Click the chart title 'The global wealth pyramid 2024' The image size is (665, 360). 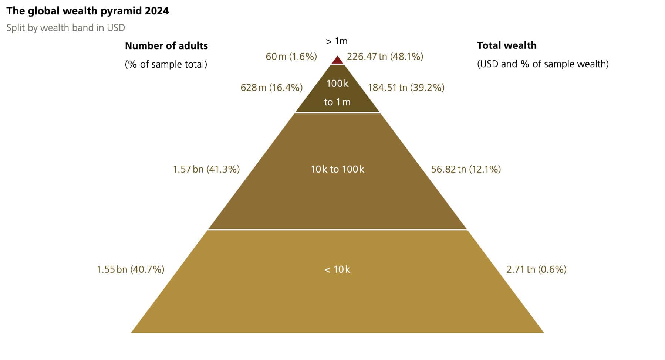[88, 11]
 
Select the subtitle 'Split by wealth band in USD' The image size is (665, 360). [65, 28]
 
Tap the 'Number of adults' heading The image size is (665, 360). [166, 46]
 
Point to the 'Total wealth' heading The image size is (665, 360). [507, 45]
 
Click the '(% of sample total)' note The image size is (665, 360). [166, 64]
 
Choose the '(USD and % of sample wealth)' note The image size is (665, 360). [543, 64]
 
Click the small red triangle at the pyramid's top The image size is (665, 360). [337, 60]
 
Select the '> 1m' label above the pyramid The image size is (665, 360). [337, 41]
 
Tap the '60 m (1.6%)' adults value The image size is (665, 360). [291, 57]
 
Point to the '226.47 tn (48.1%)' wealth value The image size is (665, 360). [385, 57]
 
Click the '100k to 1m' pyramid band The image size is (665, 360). [337, 93]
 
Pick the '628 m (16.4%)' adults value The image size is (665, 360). [271, 88]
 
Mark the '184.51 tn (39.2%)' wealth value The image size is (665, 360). [406, 88]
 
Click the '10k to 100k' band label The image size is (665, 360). [337, 169]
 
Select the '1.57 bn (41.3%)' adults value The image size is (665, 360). [206, 169]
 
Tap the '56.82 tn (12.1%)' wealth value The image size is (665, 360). [466, 169]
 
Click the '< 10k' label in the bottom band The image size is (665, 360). [337, 269]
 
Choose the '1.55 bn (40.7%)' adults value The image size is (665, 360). [131, 269]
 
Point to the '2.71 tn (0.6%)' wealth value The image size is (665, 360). [536, 269]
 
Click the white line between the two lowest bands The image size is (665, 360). [337, 230]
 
